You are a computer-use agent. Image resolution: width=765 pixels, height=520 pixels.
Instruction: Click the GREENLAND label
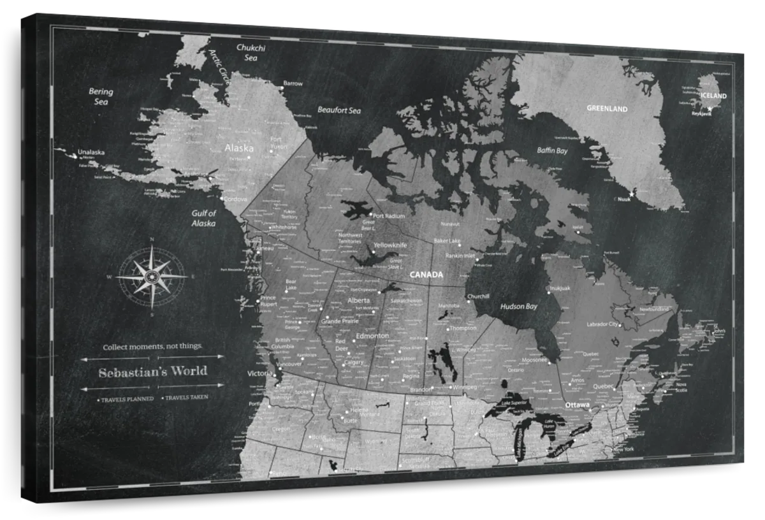(607, 109)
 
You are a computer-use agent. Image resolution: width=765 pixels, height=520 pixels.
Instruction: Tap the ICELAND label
(713, 96)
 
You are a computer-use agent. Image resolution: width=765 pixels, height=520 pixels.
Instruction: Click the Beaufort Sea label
(339, 110)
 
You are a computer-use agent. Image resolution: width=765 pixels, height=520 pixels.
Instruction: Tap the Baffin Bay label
(551, 151)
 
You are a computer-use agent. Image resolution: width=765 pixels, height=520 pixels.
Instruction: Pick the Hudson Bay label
(519, 307)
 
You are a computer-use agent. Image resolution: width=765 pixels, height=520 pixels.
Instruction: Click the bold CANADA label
(426, 275)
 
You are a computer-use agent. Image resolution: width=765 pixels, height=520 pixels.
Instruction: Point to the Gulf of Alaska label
(203, 218)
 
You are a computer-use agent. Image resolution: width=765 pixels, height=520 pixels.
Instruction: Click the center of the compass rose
(152, 276)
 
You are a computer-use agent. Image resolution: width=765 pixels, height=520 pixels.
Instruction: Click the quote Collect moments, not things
(152, 347)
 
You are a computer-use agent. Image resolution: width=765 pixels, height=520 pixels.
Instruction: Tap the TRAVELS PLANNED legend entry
(126, 399)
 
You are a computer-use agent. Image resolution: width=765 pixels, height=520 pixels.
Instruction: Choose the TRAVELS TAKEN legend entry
(186, 398)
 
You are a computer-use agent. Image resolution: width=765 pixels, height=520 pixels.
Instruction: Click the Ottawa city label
(577, 405)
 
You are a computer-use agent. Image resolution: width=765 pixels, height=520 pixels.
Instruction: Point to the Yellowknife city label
(390, 245)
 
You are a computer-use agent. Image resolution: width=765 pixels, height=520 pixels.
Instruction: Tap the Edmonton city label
(372, 336)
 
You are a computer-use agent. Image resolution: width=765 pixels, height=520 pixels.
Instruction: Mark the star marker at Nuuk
(632, 193)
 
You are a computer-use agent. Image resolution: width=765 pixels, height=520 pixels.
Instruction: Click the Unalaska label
(91, 152)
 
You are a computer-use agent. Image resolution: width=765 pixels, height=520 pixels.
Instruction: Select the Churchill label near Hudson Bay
(478, 296)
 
